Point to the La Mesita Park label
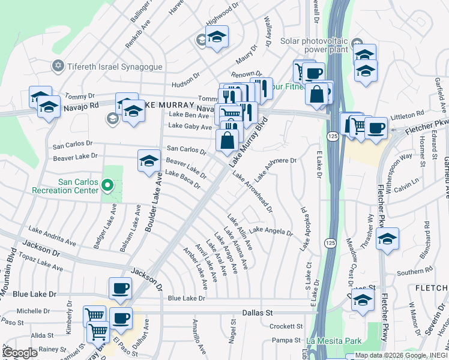click(331, 341)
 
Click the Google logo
click(20, 353)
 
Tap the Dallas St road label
click(257, 313)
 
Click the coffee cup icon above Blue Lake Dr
click(120, 287)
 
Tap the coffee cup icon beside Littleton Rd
click(376, 128)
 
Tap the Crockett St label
click(286, 326)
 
